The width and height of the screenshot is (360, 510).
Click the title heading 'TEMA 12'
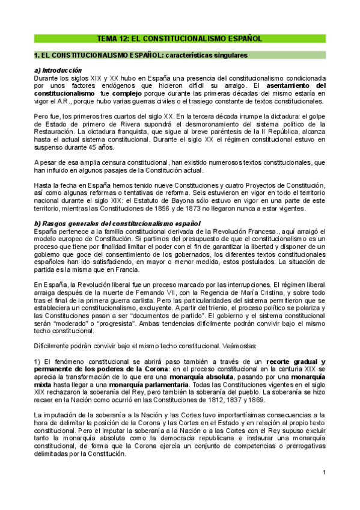coord(180,38)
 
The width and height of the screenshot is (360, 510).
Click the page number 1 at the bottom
coord(324,472)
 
